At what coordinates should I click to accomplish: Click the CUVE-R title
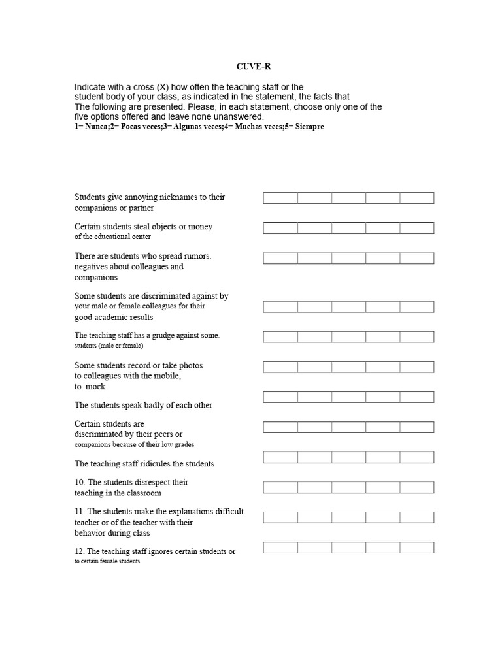250,67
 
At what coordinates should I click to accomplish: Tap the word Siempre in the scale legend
310,127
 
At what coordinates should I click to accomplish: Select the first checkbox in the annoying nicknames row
280,198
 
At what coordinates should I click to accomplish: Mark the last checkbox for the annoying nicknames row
417,198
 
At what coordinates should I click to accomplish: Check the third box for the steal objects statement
348,228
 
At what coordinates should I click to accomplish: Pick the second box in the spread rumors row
314,258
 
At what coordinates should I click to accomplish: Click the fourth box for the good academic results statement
383,306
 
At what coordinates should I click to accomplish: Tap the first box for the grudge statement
280,336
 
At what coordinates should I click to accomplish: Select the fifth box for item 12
417,547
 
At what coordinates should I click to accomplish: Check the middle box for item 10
348,487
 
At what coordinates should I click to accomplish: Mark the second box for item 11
314,517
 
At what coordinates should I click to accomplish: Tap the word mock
95,387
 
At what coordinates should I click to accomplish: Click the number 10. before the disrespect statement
80,482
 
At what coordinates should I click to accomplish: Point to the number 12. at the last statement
79,551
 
